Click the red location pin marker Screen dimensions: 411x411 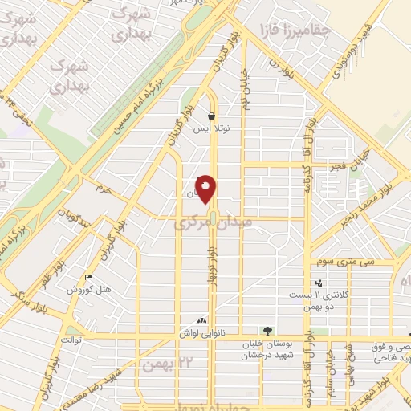click(206, 189)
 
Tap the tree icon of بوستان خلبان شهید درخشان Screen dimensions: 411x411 click(267, 331)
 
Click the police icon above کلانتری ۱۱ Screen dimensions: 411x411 click(319, 283)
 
